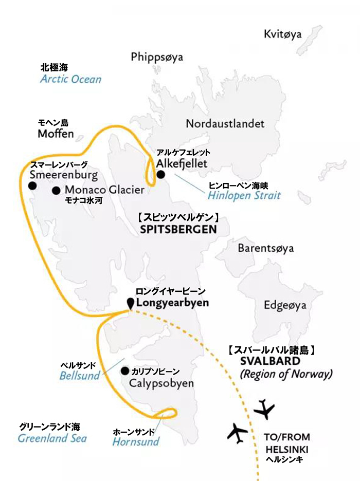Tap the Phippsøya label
click(157, 57)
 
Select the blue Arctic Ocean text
click(71, 80)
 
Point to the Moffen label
click(56, 134)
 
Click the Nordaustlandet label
click(225, 124)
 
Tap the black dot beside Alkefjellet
click(160, 175)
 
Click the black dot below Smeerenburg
click(33, 186)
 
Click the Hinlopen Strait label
click(244, 196)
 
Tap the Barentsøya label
click(265, 248)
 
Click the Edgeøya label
click(285, 305)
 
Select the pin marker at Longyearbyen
click(131, 303)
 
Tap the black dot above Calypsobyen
click(124, 371)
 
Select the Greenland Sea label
click(52, 438)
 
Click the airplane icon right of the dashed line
click(265, 409)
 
